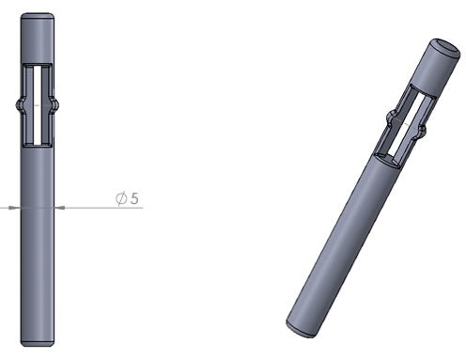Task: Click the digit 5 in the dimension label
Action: point(134,198)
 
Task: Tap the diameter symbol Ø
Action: point(121,198)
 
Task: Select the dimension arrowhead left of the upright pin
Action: point(11,208)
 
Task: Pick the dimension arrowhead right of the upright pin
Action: point(61,208)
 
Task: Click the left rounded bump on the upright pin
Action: point(19,105)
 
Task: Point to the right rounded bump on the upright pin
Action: point(55,105)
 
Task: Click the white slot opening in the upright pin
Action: point(38,105)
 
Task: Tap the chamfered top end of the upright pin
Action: point(38,15)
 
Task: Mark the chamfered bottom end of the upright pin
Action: point(38,343)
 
